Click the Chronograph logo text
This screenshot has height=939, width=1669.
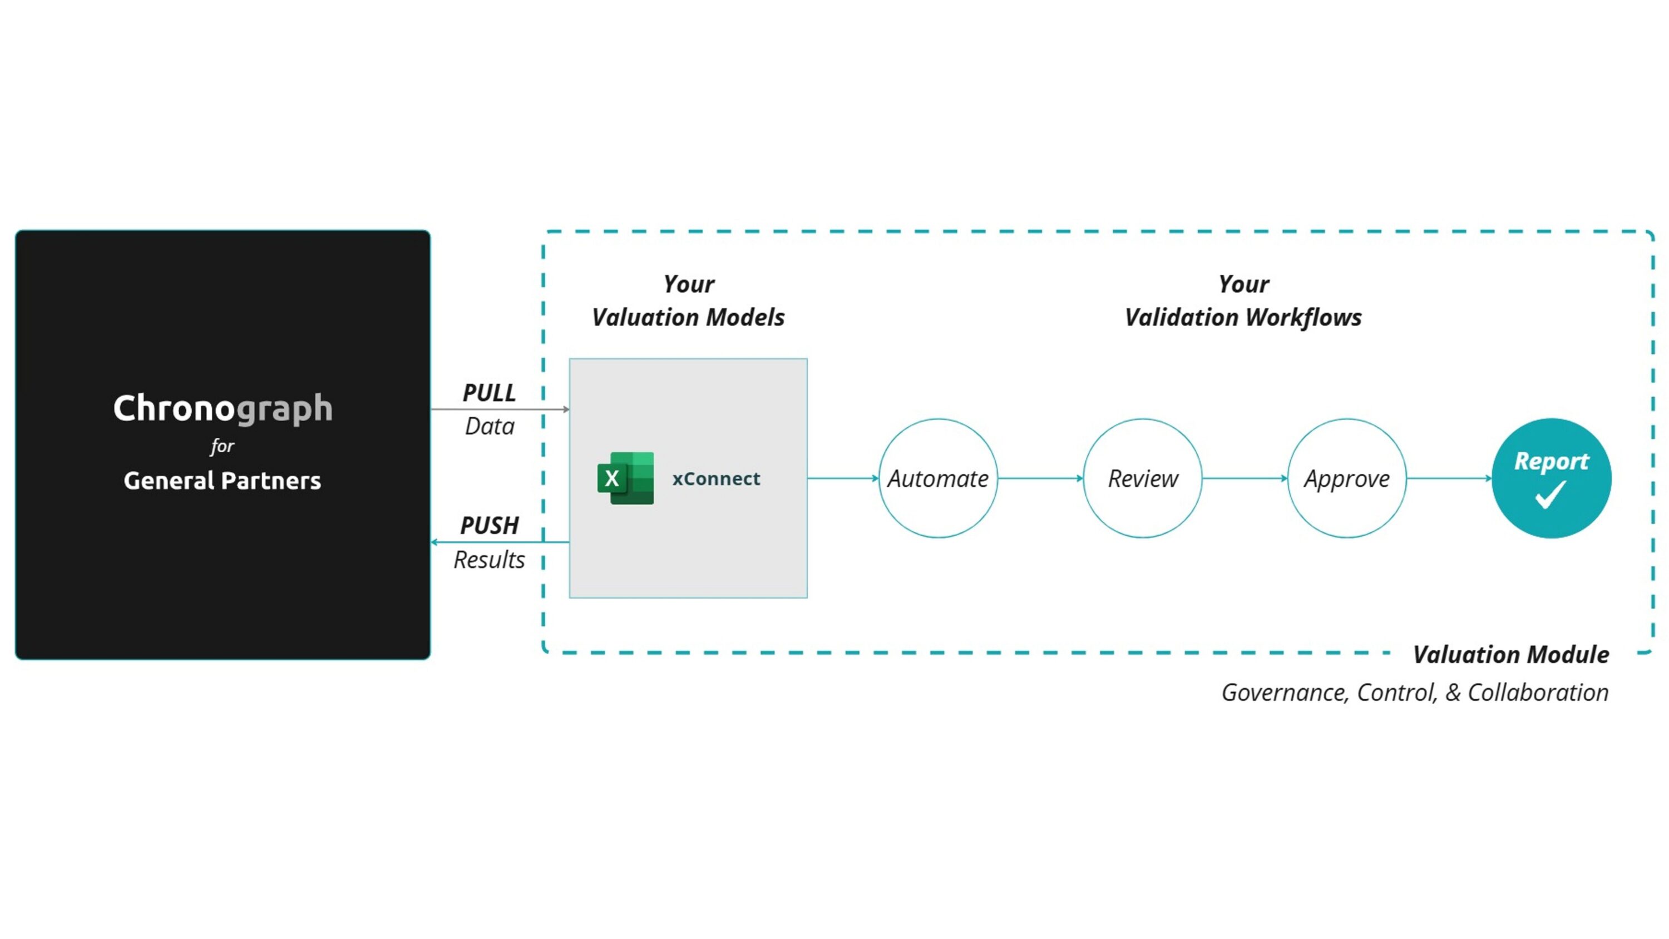(x=223, y=408)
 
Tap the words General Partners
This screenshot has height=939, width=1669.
(x=222, y=481)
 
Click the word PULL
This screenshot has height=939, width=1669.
(x=489, y=393)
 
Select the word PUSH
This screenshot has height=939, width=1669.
(x=489, y=526)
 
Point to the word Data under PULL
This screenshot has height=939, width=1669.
(x=490, y=427)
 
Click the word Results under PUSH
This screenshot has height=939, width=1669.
(x=489, y=560)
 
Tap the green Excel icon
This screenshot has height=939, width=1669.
(x=625, y=478)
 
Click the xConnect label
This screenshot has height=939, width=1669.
(x=716, y=479)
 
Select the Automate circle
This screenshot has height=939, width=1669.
(x=938, y=419)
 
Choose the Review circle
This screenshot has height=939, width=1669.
(x=1143, y=419)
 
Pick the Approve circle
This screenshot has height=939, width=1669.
(x=1347, y=419)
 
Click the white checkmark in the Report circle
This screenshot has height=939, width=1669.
(x=1551, y=495)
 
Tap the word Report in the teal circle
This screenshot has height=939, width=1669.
(x=1551, y=461)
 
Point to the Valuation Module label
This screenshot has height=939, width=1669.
(x=1511, y=655)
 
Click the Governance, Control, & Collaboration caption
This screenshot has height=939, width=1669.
(x=1415, y=693)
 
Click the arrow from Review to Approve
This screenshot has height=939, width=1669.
(x=1245, y=478)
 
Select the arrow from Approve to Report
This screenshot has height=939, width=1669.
(x=1449, y=478)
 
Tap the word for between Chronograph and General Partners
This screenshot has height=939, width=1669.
(x=222, y=446)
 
